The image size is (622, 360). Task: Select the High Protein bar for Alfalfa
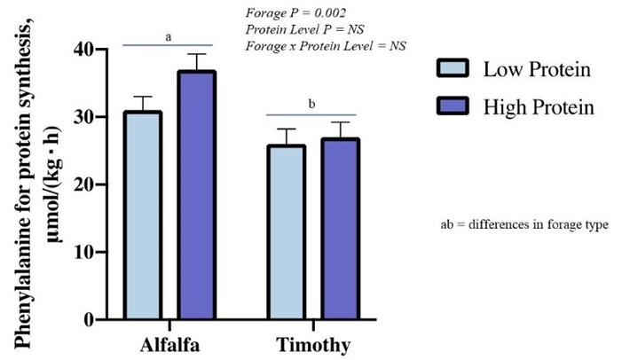click(x=196, y=195)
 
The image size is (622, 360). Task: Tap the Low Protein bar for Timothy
click(x=286, y=232)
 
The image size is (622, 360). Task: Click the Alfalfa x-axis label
click(x=169, y=344)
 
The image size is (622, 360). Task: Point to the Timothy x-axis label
click(x=311, y=344)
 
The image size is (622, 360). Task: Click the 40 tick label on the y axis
click(x=86, y=50)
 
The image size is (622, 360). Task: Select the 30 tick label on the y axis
click(x=86, y=117)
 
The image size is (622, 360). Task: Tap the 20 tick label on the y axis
click(x=86, y=184)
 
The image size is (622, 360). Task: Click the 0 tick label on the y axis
click(x=92, y=319)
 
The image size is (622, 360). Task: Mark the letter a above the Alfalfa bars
click(x=169, y=36)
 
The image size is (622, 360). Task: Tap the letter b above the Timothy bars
click(x=311, y=105)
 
